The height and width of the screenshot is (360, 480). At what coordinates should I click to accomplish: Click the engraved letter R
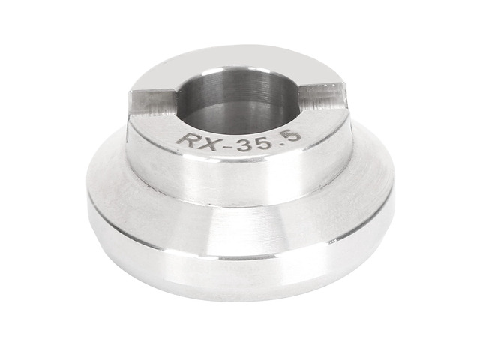point(187,141)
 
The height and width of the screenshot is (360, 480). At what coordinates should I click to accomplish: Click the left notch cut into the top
point(153,101)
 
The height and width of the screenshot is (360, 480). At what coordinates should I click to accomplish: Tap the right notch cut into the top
point(323,95)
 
